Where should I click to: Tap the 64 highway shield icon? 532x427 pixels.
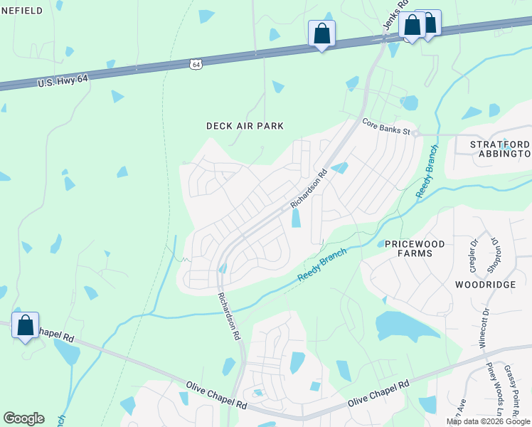tap(196, 64)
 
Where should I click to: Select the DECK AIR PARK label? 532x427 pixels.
tap(245, 126)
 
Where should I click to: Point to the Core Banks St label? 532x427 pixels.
tap(386, 126)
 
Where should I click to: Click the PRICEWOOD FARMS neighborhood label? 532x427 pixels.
tap(415, 248)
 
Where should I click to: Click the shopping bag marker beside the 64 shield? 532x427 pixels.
tap(321, 33)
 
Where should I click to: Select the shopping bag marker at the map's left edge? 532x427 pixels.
tap(26, 326)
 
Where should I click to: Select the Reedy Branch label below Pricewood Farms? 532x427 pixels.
tap(321, 265)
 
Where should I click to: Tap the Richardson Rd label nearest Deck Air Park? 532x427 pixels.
tap(308, 189)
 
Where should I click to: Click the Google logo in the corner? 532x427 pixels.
tap(23, 418)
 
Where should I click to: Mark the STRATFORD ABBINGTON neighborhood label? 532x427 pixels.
tap(501, 149)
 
